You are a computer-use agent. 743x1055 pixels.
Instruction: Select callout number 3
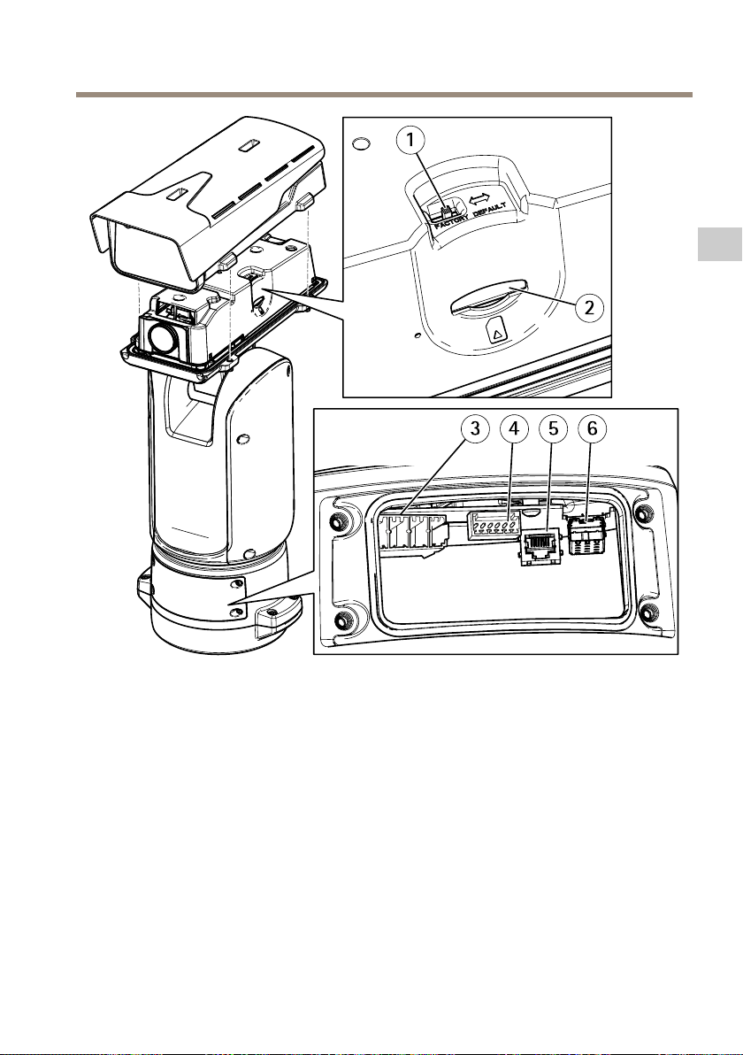(x=476, y=429)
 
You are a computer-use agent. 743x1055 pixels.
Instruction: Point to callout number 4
(x=515, y=429)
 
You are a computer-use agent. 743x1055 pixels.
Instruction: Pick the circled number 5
(x=554, y=429)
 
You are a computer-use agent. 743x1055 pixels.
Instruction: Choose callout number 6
(x=593, y=429)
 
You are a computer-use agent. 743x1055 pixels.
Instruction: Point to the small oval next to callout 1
(x=360, y=142)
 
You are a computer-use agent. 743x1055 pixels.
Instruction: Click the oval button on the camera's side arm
(x=241, y=437)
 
